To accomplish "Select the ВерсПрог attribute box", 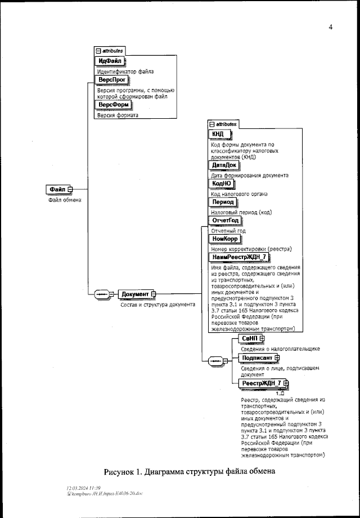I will click(111, 81).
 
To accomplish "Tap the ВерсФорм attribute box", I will click(114, 105).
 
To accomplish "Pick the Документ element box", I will click(134, 294).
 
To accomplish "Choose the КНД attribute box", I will click(218, 133).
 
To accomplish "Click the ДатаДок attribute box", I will click(223, 165).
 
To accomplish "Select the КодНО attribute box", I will click(221, 184).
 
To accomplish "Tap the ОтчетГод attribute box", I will click(225, 220).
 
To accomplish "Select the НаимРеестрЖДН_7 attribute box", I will click(239, 257).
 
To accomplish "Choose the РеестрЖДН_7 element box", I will click(261, 383).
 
